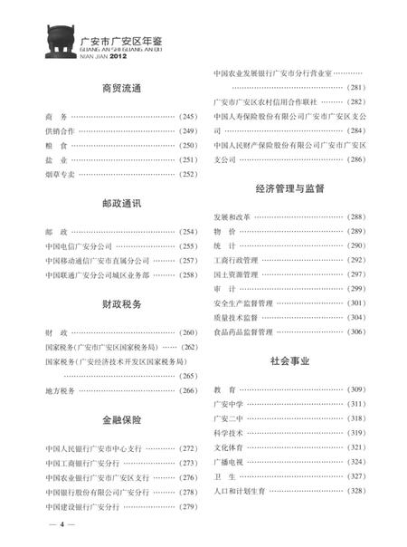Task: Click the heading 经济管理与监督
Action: coord(290,188)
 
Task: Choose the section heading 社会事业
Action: coord(290,360)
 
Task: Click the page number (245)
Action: coord(188,117)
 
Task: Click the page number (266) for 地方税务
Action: coord(188,390)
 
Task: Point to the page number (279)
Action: coord(188,506)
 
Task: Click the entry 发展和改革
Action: coord(233,217)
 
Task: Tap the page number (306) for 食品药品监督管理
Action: coord(355,332)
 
